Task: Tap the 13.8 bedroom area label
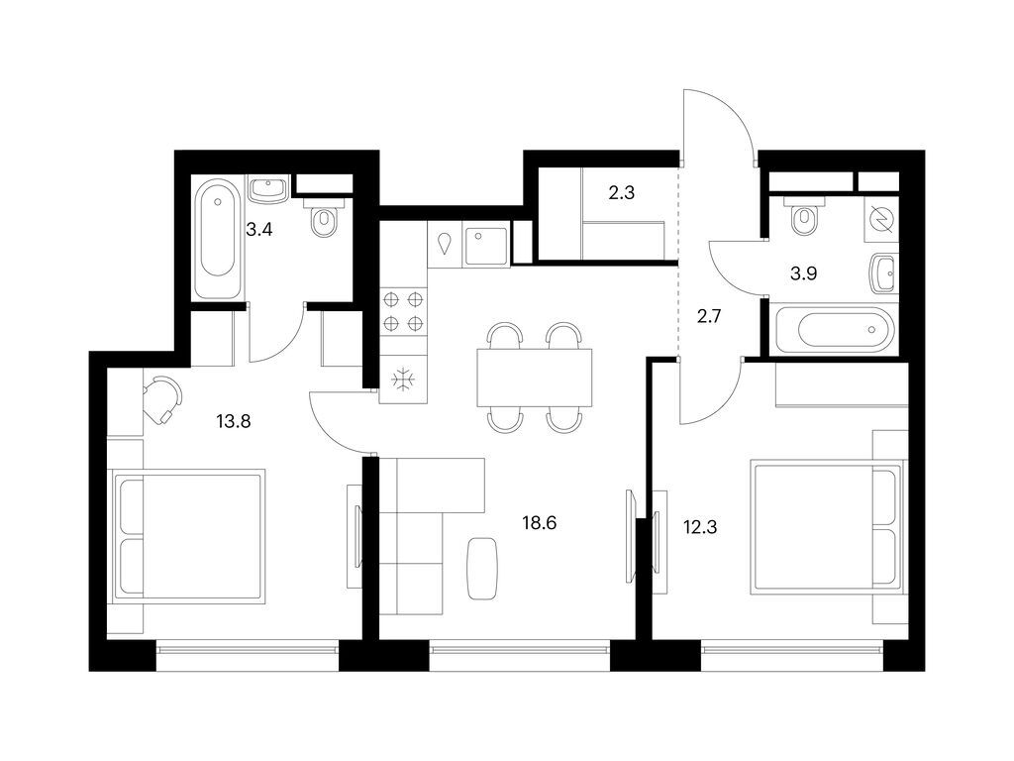click(234, 420)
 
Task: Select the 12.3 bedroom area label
click(699, 526)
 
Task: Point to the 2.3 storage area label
click(621, 193)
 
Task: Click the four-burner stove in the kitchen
click(404, 310)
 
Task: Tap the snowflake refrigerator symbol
click(404, 378)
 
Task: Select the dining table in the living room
click(535, 377)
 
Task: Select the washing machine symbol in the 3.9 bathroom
click(878, 220)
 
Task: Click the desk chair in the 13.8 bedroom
click(162, 395)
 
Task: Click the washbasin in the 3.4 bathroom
click(267, 187)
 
